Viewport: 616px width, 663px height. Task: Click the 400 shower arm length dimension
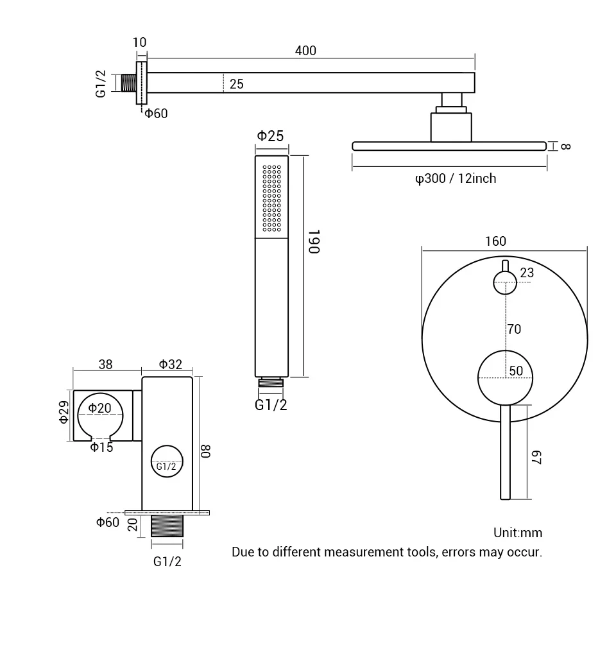coord(305,51)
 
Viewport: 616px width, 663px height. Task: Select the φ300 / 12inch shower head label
coord(456,178)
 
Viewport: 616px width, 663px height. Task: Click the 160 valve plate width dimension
coord(495,241)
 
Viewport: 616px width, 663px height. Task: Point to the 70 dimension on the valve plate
coord(514,329)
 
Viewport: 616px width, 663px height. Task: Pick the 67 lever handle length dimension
coord(537,458)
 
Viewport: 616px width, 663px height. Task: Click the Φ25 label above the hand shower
coord(270,135)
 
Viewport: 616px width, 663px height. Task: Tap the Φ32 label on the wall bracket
coord(171,365)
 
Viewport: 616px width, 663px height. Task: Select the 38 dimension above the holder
coord(106,365)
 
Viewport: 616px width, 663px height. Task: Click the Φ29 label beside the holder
coord(64,412)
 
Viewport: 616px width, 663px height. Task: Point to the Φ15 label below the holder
coord(101,447)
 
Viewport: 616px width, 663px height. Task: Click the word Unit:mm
coord(518,533)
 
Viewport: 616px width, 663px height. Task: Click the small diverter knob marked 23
coord(504,282)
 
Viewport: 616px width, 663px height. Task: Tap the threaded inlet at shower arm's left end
coord(128,83)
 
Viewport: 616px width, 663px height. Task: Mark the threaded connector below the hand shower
coord(271,383)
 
